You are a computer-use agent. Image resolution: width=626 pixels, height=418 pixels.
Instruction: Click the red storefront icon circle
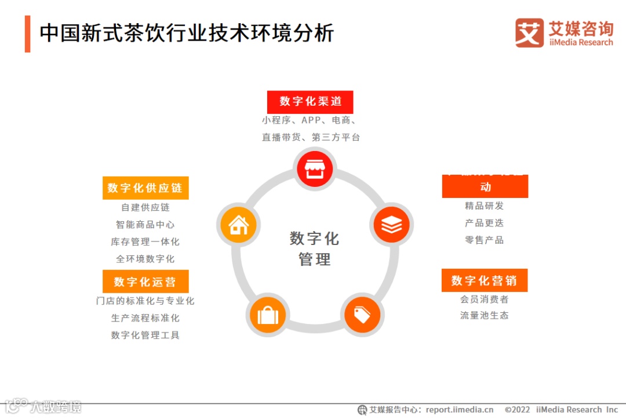coord(314,168)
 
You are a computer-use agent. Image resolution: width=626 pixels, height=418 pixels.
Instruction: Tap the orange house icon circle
coord(238,224)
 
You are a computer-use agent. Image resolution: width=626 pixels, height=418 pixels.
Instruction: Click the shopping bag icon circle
coord(267,315)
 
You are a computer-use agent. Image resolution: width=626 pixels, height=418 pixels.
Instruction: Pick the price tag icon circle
coord(362,315)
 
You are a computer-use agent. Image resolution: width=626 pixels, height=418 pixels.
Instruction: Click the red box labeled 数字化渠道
coord(310,102)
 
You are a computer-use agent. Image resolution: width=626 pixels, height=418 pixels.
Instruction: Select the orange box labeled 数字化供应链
coord(145,188)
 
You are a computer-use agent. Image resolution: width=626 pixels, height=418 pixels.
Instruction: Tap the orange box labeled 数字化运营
coord(145,282)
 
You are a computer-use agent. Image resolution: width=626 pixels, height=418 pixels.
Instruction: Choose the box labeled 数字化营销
coord(484,280)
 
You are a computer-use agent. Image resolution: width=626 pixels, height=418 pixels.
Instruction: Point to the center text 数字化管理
coord(314,248)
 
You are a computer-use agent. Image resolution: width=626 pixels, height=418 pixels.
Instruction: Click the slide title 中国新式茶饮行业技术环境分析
coord(187,33)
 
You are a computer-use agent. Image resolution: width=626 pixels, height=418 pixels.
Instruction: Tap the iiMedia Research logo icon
coord(529,33)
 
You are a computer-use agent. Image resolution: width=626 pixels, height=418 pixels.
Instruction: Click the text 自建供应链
coord(145,207)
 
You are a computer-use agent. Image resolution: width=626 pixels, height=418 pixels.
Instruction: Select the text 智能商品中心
coord(145,225)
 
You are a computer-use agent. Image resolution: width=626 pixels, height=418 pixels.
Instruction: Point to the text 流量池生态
coord(484,315)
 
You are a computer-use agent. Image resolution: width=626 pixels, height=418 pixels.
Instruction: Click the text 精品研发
coord(484,206)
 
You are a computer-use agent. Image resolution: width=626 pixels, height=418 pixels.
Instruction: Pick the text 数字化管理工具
coord(145,335)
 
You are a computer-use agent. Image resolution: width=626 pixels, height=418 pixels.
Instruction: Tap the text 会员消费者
coord(484,299)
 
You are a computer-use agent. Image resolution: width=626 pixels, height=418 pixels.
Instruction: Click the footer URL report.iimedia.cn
coord(457,409)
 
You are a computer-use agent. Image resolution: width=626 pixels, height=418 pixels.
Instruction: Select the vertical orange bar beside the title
coord(27,34)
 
